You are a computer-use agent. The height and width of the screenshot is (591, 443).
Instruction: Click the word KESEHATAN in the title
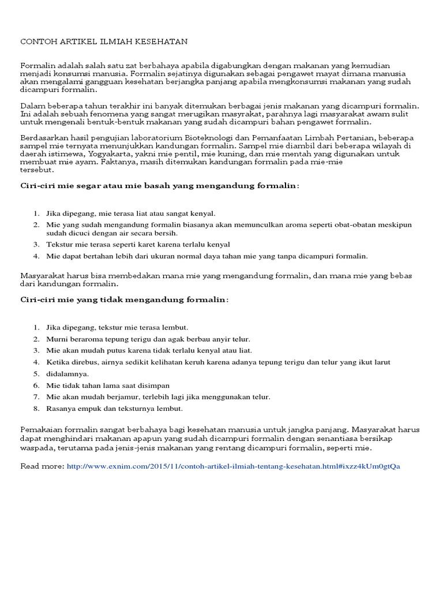coord(160,42)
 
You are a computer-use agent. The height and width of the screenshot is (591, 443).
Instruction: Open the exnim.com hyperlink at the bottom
coord(233,466)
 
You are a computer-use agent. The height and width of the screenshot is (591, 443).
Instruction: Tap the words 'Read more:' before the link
coord(42,466)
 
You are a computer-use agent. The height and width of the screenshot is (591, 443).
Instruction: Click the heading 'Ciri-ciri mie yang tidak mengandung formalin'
coord(124,300)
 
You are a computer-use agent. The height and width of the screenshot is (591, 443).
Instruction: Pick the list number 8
coord(35,408)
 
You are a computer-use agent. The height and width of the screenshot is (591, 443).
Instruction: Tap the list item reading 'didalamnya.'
coord(68,373)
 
